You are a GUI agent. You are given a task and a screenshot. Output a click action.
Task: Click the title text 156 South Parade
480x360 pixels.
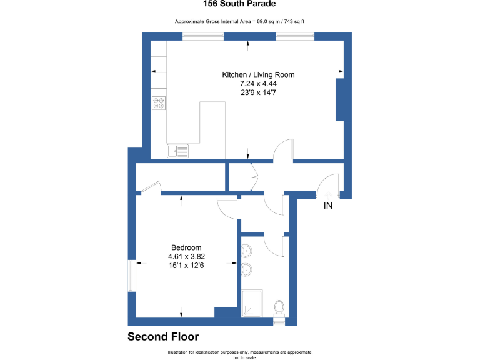coord(240,4)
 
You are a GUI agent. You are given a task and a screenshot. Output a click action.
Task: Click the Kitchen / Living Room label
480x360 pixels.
coord(258,74)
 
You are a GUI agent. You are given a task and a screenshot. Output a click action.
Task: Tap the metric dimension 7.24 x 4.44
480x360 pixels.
coord(258,83)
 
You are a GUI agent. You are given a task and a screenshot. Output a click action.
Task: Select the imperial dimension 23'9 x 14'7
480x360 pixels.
coord(258,92)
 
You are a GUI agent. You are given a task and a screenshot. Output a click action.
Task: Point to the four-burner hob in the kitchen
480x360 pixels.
coord(159,102)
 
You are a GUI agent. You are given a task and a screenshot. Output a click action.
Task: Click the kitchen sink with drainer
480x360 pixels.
coord(178,151)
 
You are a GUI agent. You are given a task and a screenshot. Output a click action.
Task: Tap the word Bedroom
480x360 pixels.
coord(186,247)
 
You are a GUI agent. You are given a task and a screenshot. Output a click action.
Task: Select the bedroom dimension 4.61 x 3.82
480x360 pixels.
coord(186,256)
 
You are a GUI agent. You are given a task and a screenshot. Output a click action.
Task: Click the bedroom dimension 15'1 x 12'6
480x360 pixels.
coord(186,265)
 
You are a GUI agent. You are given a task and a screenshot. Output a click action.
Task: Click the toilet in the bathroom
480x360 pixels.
coord(280,307)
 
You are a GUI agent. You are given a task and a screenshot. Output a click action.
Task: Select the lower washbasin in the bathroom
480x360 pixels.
coord(246,270)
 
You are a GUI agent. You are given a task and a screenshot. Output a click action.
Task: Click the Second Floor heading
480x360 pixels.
coord(163,337)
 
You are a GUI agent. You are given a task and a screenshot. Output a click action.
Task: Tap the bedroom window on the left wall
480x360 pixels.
coord(131,276)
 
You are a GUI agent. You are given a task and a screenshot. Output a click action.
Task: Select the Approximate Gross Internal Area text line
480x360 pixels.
coord(240,22)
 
